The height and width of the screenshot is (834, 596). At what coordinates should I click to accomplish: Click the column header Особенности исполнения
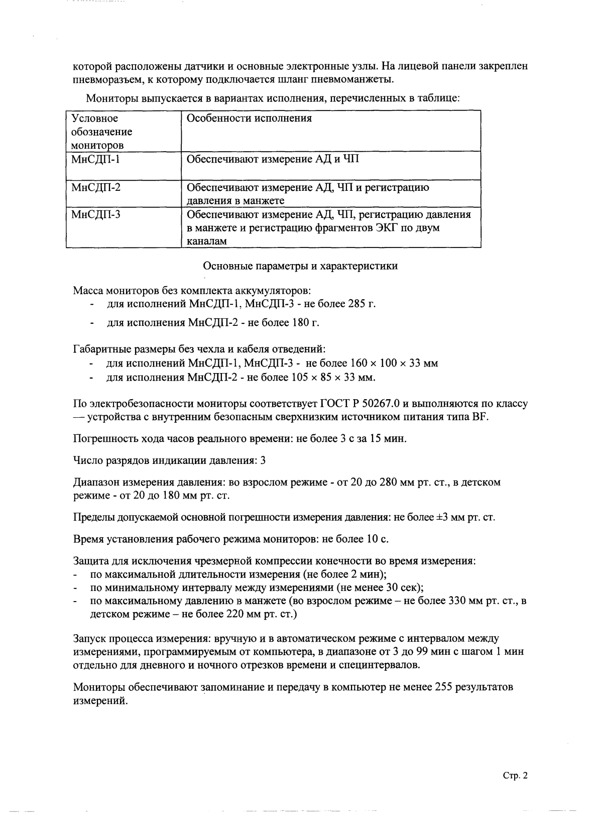[249, 118]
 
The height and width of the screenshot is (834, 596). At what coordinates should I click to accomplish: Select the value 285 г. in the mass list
[362, 304]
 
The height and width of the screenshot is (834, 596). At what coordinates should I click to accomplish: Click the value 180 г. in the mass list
[306, 323]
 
